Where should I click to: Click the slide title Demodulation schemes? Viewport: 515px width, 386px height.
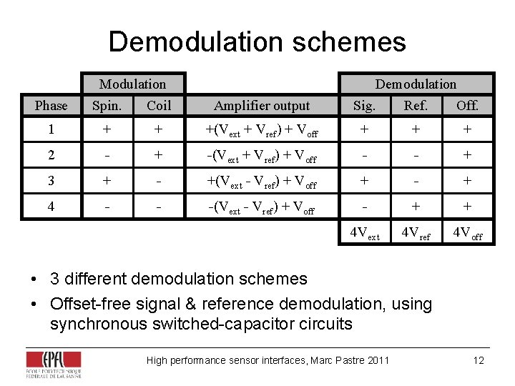[x=257, y=42]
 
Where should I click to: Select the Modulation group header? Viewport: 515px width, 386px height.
[x=132, y=84]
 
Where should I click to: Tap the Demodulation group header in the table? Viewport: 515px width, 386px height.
[x=416, y=84]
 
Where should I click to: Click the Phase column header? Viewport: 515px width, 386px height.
[x=51, y=106]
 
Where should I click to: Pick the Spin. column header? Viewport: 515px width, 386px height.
[x=107, y=106]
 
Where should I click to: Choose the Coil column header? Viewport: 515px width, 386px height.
[x=159, y=106]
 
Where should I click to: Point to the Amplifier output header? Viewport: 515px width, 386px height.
[x=262, y=106]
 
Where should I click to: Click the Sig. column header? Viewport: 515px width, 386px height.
[x=364, y=106]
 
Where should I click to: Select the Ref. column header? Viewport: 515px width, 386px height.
[x=416, y=106]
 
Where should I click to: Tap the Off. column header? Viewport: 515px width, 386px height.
[x=467, y=106]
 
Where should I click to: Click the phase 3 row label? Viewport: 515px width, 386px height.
[x=51, y=181]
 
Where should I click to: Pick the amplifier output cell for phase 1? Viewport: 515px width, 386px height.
[x=262, y=131]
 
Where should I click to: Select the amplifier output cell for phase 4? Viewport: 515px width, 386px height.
[x=262, y=207]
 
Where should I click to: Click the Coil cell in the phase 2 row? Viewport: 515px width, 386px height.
[x=159, y=156]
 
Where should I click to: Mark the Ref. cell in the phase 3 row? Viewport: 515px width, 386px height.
[x=416, y=181]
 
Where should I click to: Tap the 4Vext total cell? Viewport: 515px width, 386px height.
[x=364, y=233]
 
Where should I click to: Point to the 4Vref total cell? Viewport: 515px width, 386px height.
[x=416, y=233]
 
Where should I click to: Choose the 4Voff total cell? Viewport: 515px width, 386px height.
[x=467, y=233]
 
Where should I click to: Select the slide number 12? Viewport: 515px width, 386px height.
[x=479, y=360]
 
